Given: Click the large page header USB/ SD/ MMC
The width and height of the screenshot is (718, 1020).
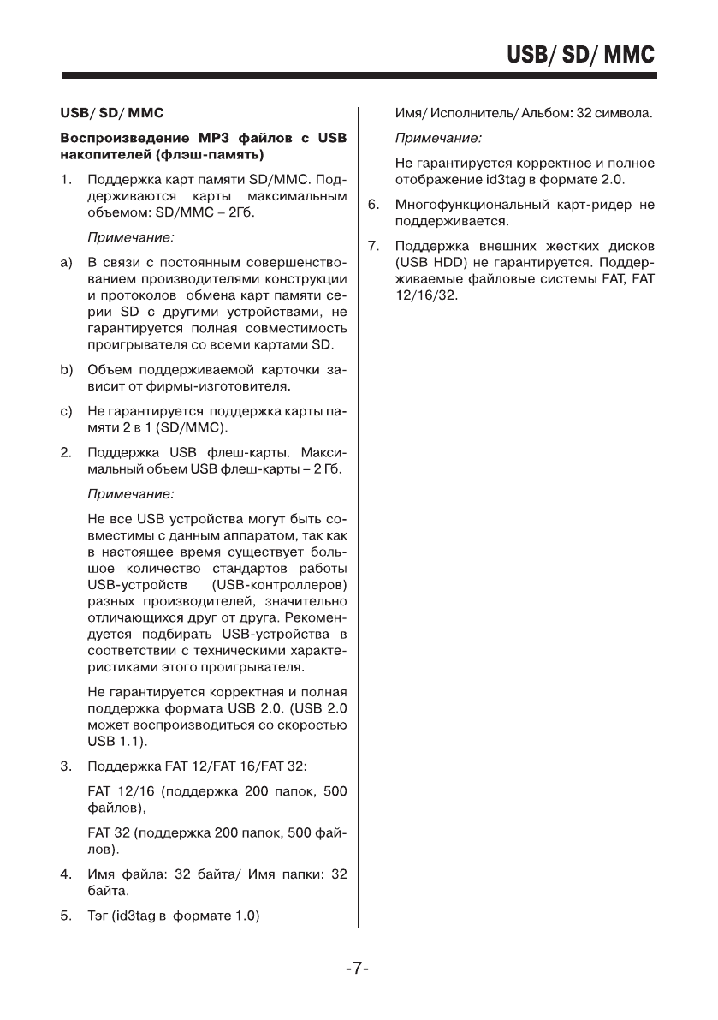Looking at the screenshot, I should pos(580,55).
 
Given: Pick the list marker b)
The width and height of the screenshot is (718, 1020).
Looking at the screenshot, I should pos(65,371).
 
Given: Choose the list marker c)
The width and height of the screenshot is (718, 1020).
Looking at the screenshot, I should pos(65,413).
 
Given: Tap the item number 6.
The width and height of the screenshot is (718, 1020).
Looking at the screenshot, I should pos(373,206).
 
